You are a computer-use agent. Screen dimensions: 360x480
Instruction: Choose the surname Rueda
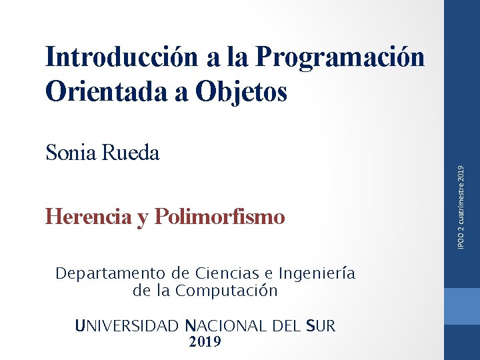click(131, 153)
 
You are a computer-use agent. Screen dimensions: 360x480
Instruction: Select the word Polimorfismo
click(219, 217)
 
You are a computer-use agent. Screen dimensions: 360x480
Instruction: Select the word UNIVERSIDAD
click(127, 326)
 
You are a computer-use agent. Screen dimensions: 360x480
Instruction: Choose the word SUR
click(321, 326)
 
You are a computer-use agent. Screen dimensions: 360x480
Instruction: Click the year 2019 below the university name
click(205, 342)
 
